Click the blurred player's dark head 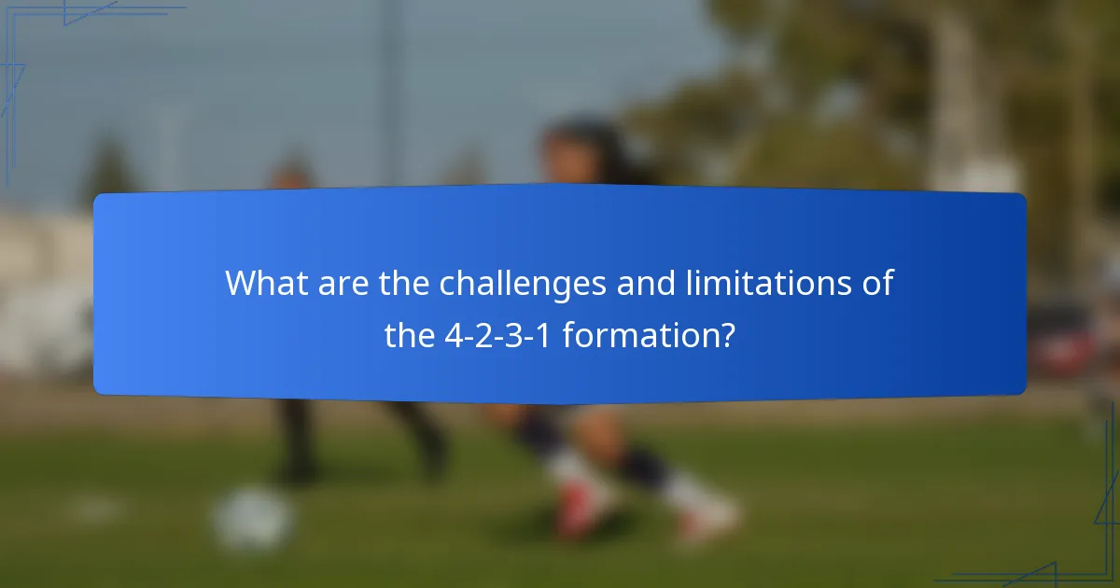click(579, 149)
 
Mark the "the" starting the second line click(410, 335)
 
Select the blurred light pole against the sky click(388, 93)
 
